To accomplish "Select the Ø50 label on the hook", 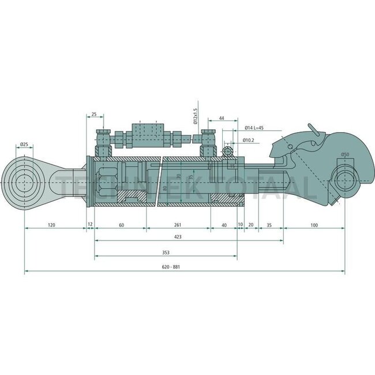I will coord(345,154).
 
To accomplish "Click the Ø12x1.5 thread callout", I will coord(196,116).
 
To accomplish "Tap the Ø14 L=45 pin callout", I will coord(254,127).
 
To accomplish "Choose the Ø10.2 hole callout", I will coord(249,140).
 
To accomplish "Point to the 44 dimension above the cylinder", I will coord(222,118).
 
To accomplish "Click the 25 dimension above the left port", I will coord(93,115).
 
